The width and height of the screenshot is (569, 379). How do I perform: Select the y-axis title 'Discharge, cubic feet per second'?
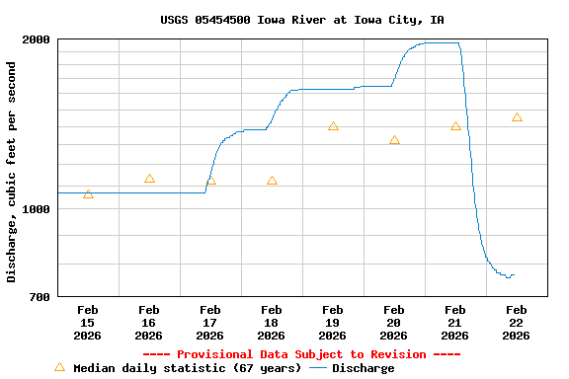(x=12, y=172)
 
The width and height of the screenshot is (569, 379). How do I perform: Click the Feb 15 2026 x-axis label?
(x=88, y=323)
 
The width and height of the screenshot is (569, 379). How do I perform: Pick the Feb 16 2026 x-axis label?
(x=149, y=323)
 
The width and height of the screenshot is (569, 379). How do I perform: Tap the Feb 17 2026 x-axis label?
(x=210, y=323)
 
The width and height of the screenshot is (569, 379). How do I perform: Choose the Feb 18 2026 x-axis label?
(x=272, y=323)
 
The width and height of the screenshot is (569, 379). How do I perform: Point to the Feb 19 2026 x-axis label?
(x=333, y=323)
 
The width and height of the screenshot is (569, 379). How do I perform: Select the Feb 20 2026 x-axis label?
(x=394, y=323)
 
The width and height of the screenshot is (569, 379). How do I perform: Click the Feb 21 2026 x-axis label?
(x=455, y=323)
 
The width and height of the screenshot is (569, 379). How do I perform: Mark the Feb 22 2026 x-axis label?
(x=517, y=323)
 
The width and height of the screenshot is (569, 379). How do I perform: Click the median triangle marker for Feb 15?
(x=88, y=194)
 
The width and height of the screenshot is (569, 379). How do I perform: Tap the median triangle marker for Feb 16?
(x=149, y=179)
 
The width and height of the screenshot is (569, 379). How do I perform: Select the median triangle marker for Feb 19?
(x=333, y=126)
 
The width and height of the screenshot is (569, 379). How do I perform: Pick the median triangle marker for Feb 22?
(x=517, y=117)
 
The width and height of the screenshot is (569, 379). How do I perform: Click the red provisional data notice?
(x=301, y=354)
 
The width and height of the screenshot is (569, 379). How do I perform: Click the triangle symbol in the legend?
(x=59, y=367)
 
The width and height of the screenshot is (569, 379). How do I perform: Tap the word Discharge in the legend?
(x=363, y=368)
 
